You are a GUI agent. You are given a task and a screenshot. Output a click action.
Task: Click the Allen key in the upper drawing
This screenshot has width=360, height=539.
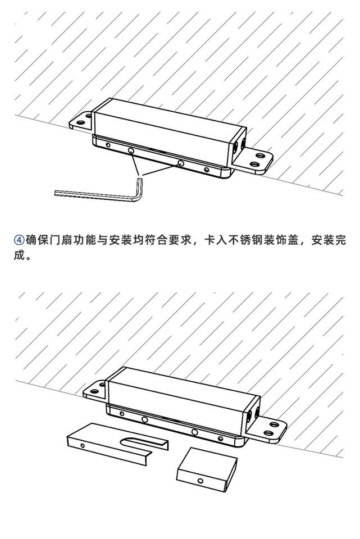[x=101, y=192]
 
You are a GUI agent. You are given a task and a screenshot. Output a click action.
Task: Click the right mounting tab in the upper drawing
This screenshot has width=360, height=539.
[x=256, y=162]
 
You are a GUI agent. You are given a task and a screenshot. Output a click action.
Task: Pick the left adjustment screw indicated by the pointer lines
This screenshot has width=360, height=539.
[x=130, y=152]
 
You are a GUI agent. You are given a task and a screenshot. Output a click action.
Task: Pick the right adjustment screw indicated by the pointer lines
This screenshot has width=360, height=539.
[x=180, y=163]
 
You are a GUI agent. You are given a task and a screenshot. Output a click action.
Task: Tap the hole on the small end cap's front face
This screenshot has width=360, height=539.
[x=200, y=481]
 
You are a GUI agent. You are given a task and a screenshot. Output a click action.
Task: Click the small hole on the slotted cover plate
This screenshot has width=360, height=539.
[x=83, y=445]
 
